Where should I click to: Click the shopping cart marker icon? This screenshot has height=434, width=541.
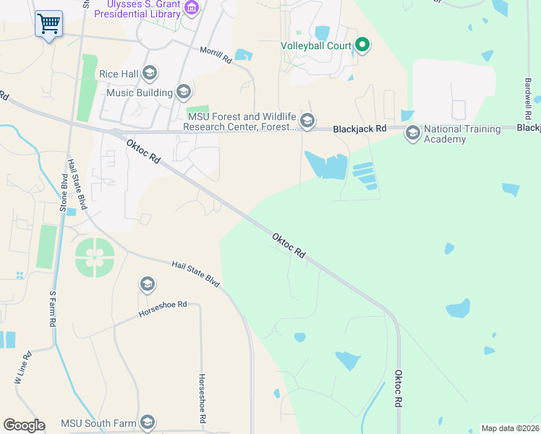click(48, 23)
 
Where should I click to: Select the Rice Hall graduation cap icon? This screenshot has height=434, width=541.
click(150, 72)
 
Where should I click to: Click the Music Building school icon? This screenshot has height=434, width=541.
click(183, 92)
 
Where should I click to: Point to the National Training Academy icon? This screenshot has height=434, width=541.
click(412, 133)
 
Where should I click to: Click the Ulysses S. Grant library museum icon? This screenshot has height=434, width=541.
click(192, 9)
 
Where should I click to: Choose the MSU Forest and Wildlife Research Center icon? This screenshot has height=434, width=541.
click(307, 121)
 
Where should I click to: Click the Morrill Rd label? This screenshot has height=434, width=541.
click(216, 55)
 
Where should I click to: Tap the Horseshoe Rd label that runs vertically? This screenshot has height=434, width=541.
click(203, 399)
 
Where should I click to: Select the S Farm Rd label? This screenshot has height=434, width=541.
click(52, 310)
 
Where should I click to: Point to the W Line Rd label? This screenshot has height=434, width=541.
click(23, 367)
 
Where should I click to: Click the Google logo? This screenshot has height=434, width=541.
click(24, 425)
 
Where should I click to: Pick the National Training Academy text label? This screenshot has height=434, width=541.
click(462, 134)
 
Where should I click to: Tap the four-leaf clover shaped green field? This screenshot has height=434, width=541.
click(94, 256)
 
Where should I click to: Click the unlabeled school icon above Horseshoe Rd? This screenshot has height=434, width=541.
click(148, 284)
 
